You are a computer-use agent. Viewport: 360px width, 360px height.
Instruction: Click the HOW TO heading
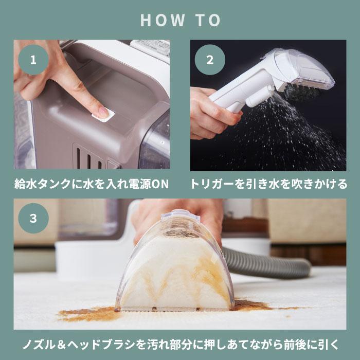point(180,20)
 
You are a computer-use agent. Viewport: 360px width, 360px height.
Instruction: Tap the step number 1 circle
point(33,60)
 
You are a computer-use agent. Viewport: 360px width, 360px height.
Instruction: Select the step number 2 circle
point(209,60)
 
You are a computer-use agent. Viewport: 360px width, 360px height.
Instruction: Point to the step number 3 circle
point(33,218)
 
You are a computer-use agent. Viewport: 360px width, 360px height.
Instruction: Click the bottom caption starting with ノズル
point(180,343)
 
